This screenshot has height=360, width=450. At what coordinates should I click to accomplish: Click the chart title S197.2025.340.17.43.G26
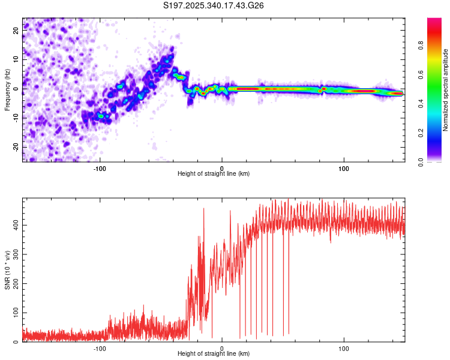[x=214, y=5]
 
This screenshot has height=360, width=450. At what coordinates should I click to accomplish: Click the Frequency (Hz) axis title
[x=8, y=89]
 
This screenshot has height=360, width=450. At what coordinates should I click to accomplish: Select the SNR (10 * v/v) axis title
[x=8, y=271]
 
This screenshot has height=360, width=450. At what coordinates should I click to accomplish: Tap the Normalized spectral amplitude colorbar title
[x=446, y=90]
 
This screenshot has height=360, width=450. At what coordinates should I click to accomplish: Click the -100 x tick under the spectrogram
[x=100, y=167]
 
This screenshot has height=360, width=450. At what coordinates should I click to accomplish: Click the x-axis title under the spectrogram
[x=214, y=174]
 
